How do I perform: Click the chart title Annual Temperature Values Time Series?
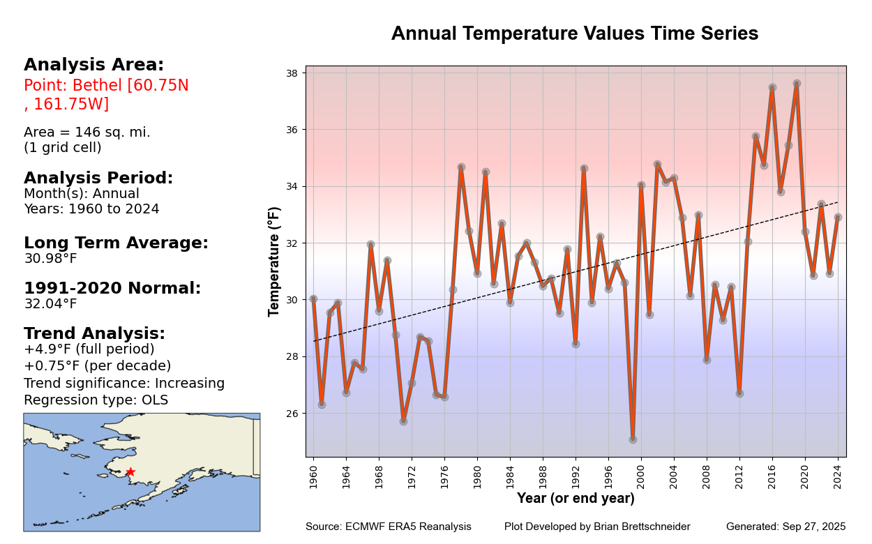[x=574, y=33]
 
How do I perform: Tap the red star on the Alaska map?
[x=130, y=472]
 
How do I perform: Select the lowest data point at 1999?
[x=633, y=439]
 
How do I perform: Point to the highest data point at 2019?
[x=797, y=84]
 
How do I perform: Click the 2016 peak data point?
[x=772, y=88]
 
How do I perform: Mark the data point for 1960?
[x=313, y=299]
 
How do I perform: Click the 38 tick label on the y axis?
[x=292, y=73]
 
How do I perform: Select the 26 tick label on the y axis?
[x=292, y=414]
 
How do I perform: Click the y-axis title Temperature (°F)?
[x=275, y=261]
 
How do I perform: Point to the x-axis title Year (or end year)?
[x=576, y=499]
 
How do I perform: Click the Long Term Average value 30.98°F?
[x=50, y=259]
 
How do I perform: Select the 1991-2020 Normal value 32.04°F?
[x=50, y=304]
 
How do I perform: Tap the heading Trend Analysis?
[x=94, y=333]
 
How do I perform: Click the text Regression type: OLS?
[x=96, y=400]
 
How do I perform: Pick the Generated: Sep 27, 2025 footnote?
[x=785, y=527]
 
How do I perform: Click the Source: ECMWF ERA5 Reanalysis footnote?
[x=388, y=527]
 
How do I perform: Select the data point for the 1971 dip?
[x=403, y=421]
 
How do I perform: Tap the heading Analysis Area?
[x=93, y=65]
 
